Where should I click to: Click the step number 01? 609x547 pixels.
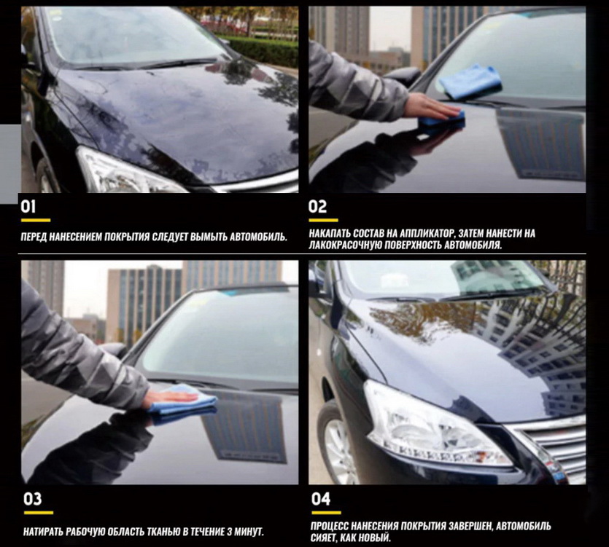click(28, 207)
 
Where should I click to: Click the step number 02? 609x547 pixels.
click(317, 207)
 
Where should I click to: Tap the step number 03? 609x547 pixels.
click(32, 499)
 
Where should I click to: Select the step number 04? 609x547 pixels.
click(320, 499)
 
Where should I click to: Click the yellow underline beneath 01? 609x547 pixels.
click(36, 221)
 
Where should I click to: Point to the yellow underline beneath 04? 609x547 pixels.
click(326, 513)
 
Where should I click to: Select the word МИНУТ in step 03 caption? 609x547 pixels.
click(249, 532)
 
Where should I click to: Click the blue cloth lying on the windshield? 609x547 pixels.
click(470, 82)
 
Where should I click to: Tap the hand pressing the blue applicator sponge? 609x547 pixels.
click(431, 106)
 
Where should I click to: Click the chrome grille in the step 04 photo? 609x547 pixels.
click(551, 446)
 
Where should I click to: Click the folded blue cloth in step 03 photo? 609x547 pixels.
click(182, 404)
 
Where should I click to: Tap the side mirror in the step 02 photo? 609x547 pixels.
click(404, 76)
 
